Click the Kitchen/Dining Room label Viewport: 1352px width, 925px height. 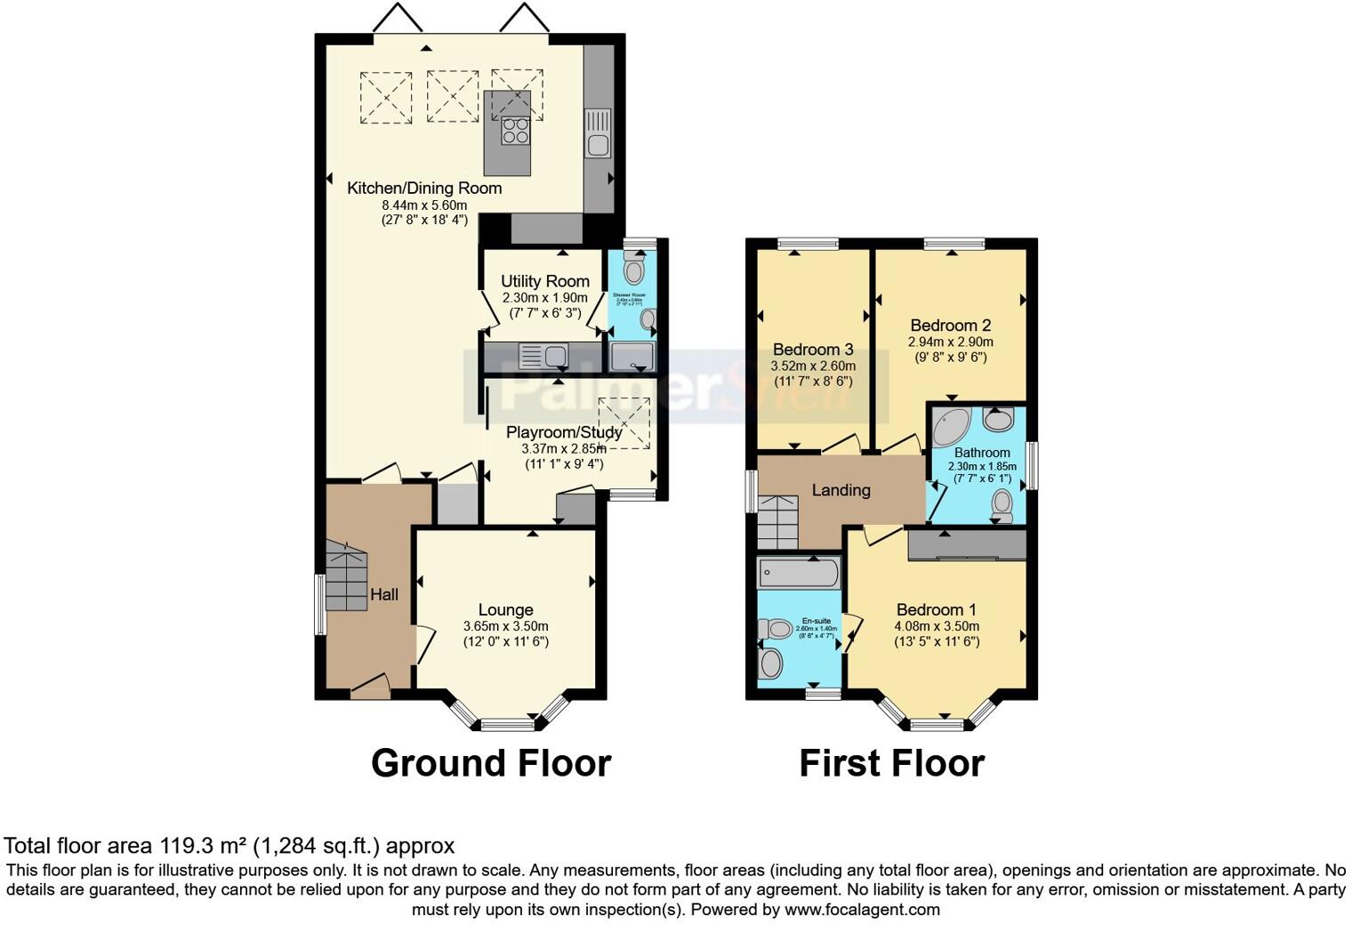point(424,188)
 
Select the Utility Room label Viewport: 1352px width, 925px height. point(544,281)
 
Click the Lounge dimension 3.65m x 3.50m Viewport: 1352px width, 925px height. point(505,626)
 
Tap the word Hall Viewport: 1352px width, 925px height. point(384,594)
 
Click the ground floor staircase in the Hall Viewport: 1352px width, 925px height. point(346,579)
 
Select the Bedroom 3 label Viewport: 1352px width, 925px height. point(813,350)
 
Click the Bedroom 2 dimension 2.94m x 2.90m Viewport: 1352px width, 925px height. point(950,342)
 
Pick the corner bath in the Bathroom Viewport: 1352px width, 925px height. point(950,428)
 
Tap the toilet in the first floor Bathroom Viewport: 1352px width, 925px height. point(1002,504)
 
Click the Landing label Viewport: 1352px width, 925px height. point(841,490)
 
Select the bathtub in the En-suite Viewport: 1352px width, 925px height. point(798,574)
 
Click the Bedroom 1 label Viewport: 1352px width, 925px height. point(936,609)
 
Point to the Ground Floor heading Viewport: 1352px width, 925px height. point(490,763)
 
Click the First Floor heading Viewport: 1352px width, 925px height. point(891,763)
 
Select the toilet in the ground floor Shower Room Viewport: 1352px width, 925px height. point(634,269)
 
